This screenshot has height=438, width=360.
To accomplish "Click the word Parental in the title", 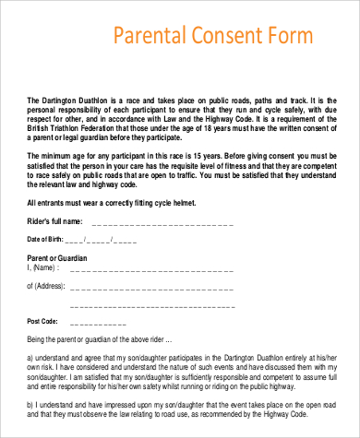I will [x=149, y=36].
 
